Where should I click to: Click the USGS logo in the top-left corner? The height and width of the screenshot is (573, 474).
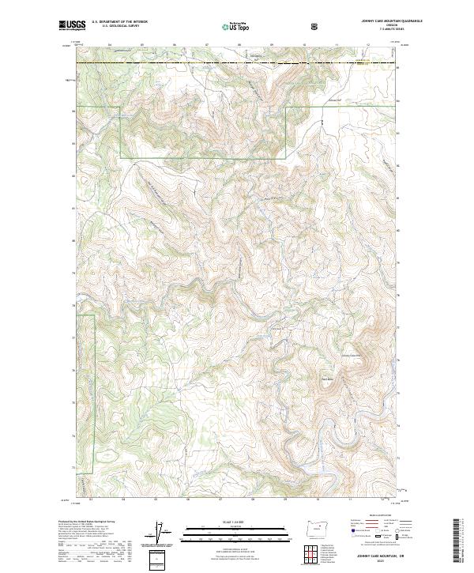(72, 26)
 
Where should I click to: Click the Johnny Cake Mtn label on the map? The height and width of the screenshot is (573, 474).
(350, 356)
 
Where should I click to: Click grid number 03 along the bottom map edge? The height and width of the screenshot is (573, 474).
(91, 499)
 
